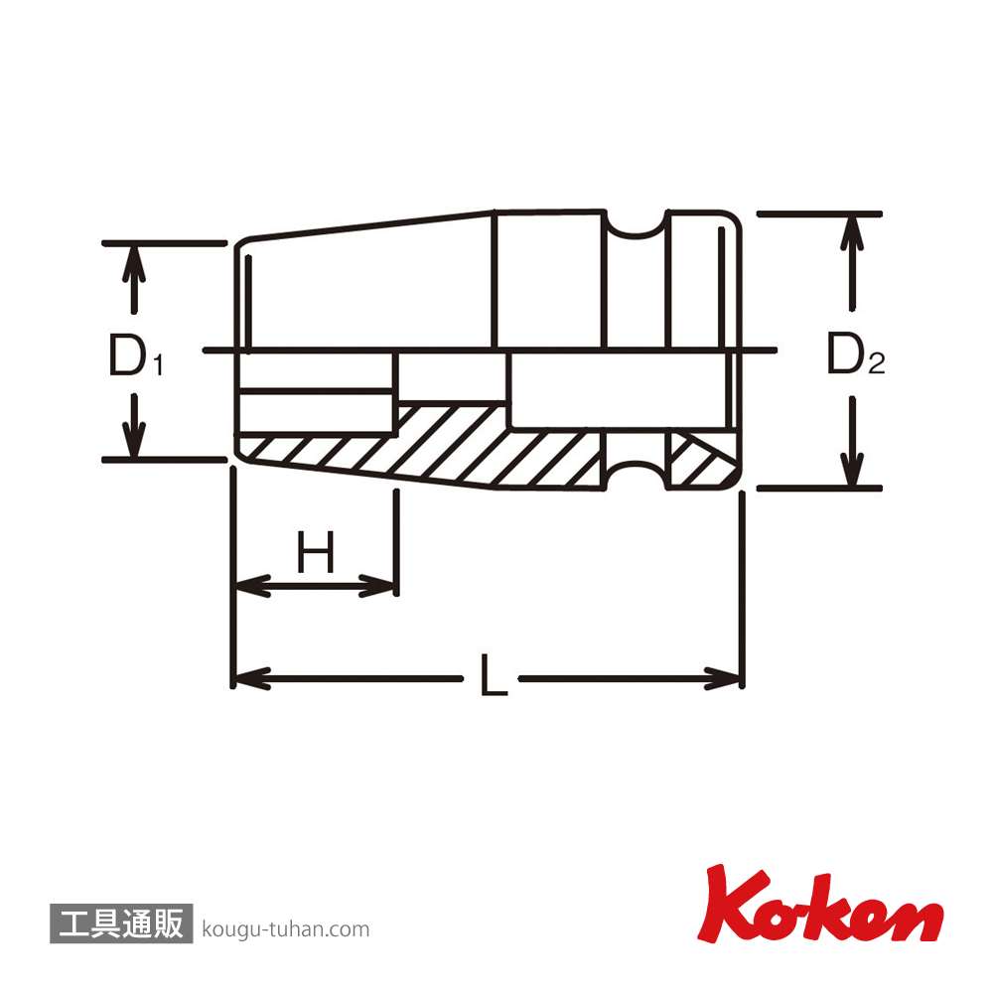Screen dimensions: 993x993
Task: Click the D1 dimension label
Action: coord(135,355)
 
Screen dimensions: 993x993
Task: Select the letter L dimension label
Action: coord(494,675)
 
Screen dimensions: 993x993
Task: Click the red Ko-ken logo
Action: coord(820,904)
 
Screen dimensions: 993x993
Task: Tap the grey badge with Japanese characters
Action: coord(121,923)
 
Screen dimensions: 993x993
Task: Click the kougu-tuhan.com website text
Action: coord(286,929)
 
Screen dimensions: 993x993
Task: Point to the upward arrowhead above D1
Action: coord(134,263)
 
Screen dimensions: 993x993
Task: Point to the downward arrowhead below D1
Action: coord(134,437)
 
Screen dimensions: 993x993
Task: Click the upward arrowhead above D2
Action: coord(852,234)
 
